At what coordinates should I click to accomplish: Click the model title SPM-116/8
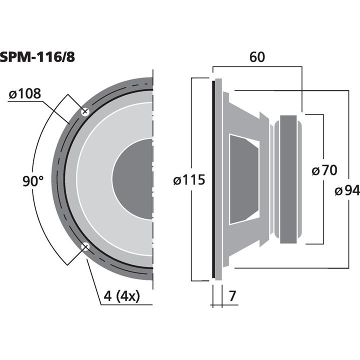38,56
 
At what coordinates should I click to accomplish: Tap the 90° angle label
33,181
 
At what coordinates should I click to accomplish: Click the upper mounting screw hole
85,112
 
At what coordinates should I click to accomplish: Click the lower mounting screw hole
85,246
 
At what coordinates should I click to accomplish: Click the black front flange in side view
213,179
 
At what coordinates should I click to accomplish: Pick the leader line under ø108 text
25,101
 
